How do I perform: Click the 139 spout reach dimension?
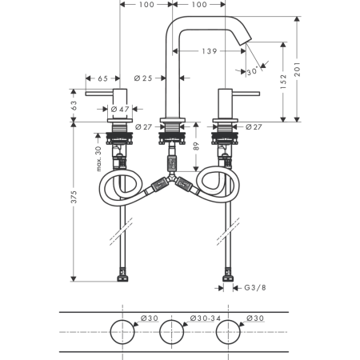coord(210,51)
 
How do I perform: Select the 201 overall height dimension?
coord(297,70)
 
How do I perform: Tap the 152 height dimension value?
coord(283,82)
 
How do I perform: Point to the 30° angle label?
coord(252,72)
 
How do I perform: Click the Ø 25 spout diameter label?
coord(143,78)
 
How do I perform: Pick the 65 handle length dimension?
coord(102,78)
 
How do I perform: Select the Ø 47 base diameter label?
coord(120,109)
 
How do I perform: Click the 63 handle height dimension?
coord(74,106)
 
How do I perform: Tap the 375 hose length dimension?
coord(74,197)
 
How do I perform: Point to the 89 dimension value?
coord(196,146)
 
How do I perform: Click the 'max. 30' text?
coord(98,158)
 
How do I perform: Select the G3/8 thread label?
coord(255,288)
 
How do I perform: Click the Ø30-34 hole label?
coord(206,318)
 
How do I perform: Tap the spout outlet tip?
coord(249,42)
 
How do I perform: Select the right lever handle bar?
coord(246,94)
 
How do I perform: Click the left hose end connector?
coord(122,275)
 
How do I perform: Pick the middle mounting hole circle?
coord(172,332)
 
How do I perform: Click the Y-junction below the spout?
coord(172,178)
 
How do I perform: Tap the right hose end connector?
coord(228,275)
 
